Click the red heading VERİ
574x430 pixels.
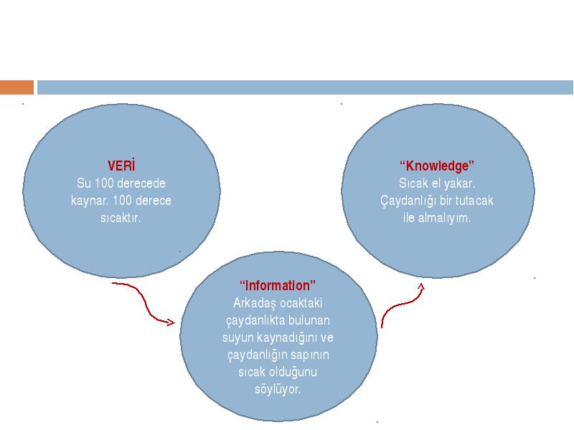(121, 166)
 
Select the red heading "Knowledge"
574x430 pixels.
(437, 166)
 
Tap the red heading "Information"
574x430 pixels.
(278, 285)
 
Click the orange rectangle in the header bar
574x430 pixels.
(17, 87)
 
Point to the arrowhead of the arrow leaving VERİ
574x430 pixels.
(170, 322)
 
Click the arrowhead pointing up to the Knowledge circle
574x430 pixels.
(421, 287)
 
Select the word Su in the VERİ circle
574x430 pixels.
(84, 183)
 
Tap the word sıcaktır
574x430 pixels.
(121, 218)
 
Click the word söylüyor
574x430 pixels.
(278, 389)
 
